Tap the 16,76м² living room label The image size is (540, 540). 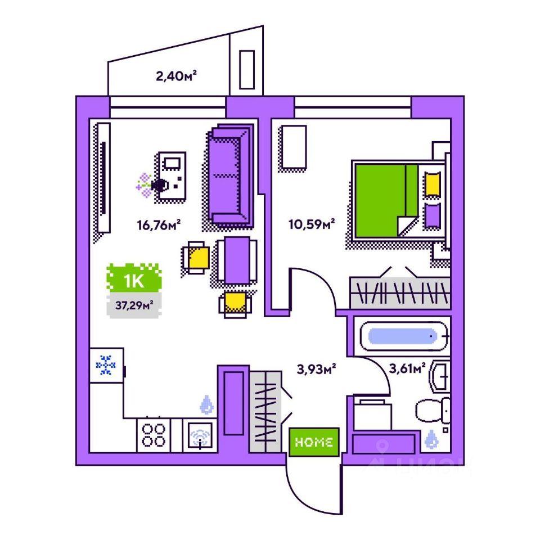pos(158,226)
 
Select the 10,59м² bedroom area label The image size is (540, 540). pos(311,226)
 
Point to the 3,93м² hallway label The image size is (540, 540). pos(316,369)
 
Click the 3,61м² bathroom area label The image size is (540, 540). pos(407,369)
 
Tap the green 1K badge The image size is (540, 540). pos(134,279)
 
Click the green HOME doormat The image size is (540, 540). pos(314,442)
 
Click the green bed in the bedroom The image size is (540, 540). pos(385,200)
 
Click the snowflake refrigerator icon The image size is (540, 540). pos(106,366)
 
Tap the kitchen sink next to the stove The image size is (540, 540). pos(200,435)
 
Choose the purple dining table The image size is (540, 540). pos(233,260)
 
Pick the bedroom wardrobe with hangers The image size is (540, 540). pos(399,292)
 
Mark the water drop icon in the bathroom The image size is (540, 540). pos(432,439)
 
